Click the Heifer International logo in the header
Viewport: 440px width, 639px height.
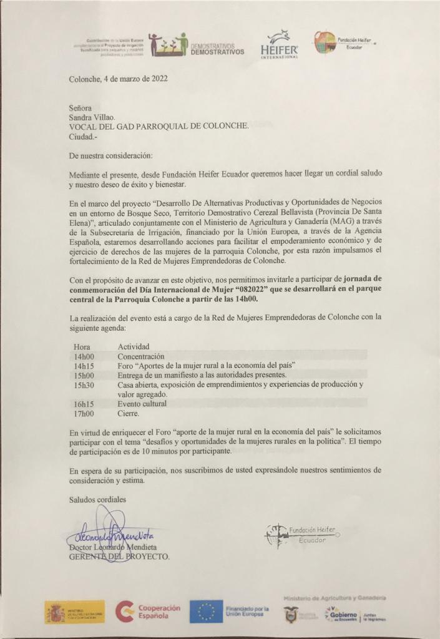tap(279, 45)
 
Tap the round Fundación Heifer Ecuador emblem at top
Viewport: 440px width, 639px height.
tap(325, 42)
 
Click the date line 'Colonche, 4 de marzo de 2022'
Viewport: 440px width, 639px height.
tap(118, 79)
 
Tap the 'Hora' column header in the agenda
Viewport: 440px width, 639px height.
tap(82, 346)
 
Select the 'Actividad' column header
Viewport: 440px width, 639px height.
tap(134, 346)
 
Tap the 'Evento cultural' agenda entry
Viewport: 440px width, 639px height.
tap(142, 404)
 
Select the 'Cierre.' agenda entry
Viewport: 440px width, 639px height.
tap(129, 413)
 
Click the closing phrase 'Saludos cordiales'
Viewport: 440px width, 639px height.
tap(97, 499)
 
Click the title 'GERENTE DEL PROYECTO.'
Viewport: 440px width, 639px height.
tap(119, 557)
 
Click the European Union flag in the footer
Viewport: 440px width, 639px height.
tap(207, 611)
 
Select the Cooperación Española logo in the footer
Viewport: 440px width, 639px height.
tap(149, 611)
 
